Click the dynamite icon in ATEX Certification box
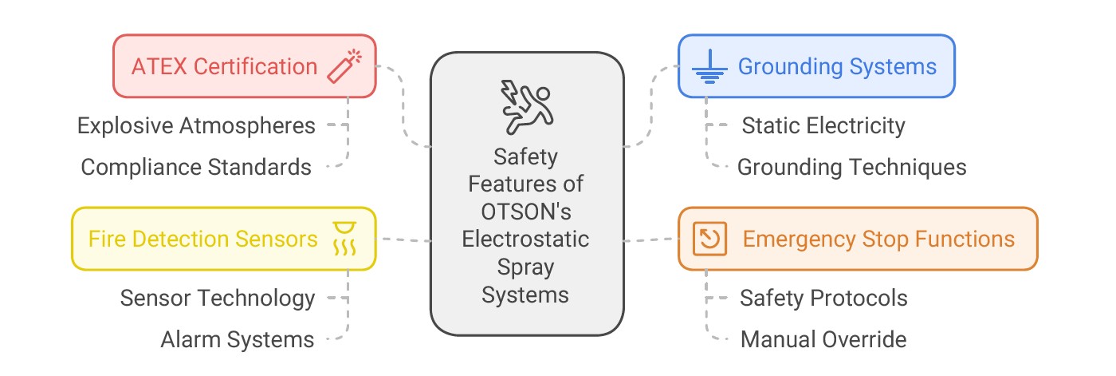[344, 65]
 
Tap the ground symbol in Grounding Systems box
[706, 67]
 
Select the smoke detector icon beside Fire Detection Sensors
[345, 238]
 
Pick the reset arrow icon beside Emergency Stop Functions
[705, 239]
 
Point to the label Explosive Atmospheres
[196, 125]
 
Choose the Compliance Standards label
[196, 167]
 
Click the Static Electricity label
[823, 125]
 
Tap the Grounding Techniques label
[851, 167]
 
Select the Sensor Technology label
[218, 298]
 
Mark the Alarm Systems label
[238, 339]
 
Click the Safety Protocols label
[823, 298]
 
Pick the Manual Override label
[823, 339]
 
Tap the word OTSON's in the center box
[525, 211]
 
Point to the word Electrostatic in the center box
[525, 239]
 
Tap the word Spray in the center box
[525, 267]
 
